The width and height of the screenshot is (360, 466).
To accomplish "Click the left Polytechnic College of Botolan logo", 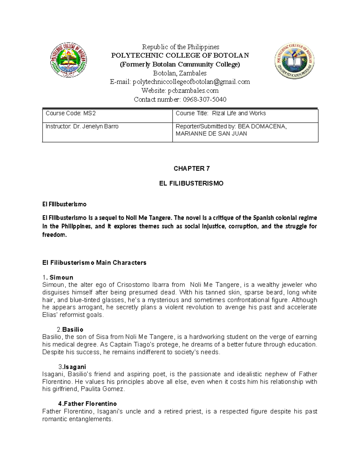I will pos(68,60).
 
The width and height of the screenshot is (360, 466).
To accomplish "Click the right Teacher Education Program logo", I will pos(294,61).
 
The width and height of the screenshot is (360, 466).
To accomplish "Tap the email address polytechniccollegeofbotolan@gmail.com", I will pos(191,82).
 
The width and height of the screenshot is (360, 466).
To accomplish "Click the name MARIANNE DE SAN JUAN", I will pos(211,134).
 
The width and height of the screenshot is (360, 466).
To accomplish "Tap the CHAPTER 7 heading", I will pos(191,169).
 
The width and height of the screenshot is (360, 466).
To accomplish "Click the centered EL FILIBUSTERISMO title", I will pos(191,184).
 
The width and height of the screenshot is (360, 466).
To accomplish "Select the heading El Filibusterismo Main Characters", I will pos(94,263).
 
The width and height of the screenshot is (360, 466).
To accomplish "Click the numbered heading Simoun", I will pos(61,278).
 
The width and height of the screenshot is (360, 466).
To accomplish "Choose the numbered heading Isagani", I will pos(75,367).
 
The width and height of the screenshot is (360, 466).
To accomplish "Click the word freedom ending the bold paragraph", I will pos(54,235).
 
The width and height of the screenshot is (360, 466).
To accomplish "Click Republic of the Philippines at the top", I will pos(180,47).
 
